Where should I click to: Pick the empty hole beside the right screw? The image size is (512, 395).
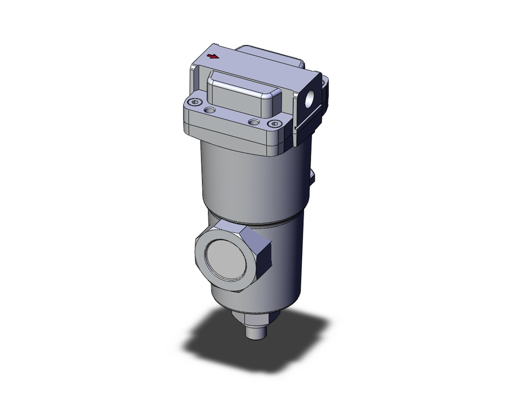click(252, 122)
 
